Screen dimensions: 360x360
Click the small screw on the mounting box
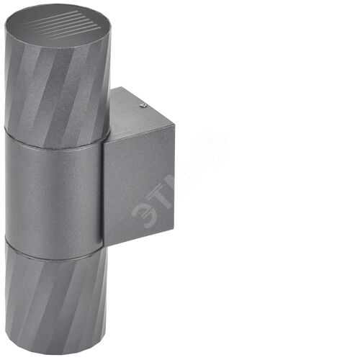point(144,105)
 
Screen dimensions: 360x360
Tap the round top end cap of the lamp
point(58,26)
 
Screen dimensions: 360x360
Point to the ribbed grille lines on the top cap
point(66,24)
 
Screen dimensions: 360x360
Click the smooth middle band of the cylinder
point(54,195)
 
